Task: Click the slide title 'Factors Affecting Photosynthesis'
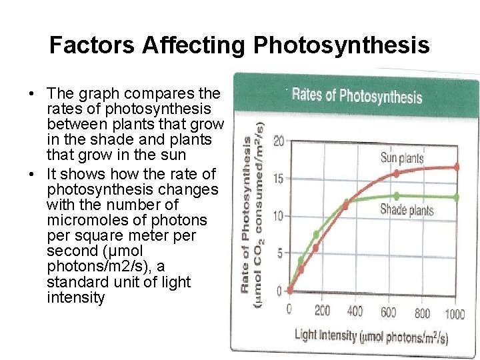tap(239, 45)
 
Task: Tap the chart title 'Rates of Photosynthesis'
tap(357, 95)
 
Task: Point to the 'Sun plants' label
tap(401, 158)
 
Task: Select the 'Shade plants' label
tap(407, 210)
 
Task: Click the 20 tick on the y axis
tap(279, 141)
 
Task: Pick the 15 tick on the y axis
tap(279, 179)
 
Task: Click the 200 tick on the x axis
tap(322, 311)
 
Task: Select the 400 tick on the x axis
tap(355, 311)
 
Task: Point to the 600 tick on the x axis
tap(389, 311)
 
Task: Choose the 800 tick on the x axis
tap(422, 312)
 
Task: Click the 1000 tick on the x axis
tap(455, 313)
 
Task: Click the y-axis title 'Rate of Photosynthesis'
tap(247, 213)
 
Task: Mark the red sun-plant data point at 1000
tap(457, 167)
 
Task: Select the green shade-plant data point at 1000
tap(457, 197)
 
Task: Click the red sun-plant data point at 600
tap(397, 173)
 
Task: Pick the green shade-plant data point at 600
tap(397, 196)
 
